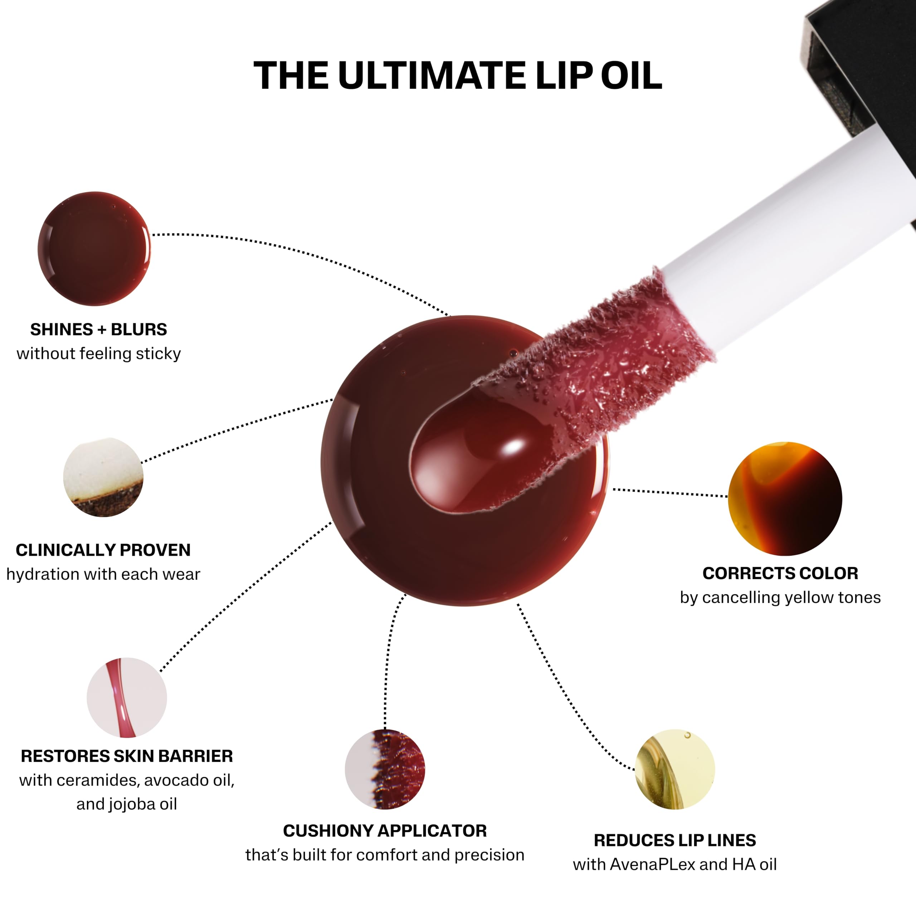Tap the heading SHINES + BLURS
pyautogui.click(x=99, y=330)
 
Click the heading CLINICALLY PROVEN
pyautogui.click(x=103, y=550)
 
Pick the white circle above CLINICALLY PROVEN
pyautogui.click(x=103, y=477)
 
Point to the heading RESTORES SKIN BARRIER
pyautogui.click(x=127, y=756)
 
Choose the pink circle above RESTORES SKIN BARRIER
pyautogui.click(x=127, y=697)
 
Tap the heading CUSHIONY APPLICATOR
pyautogui.click(x=385, y=830)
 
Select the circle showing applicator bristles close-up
pyautogui.click(x=385, y=769)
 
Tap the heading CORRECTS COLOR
pyautogui.click(x=780, y=573)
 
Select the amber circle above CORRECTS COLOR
pyautogui.click(x=785, y=499)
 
